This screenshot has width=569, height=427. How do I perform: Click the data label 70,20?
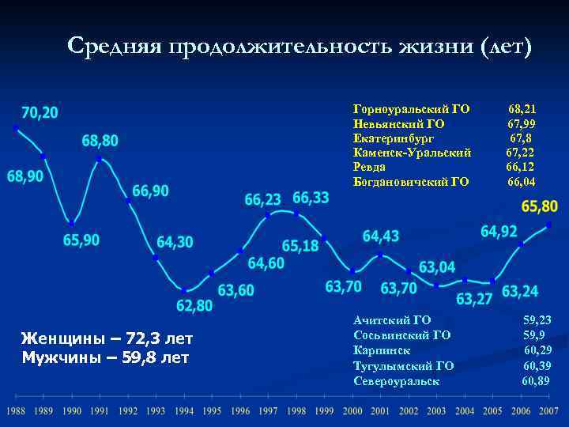40,112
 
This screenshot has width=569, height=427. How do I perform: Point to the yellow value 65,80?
540,206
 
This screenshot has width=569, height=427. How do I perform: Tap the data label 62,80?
194,305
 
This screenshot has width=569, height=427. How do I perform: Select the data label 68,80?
100,141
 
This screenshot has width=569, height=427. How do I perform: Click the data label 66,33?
311,197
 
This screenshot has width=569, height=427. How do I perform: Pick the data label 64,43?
381,236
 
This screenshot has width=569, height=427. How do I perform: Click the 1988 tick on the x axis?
16,412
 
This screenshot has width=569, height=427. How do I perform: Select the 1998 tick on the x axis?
296,412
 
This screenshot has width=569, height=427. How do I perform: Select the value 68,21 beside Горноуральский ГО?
522,109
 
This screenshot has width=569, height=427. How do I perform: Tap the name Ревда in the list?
370,167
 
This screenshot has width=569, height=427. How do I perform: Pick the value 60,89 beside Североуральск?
537,381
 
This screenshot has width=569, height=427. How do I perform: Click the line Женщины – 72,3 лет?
107,339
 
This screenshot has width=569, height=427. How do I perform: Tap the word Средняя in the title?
112,47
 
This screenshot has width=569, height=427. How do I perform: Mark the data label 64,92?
499,232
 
